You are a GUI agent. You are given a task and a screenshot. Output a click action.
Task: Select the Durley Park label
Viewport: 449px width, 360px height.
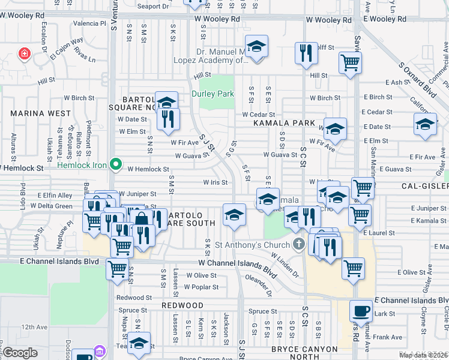[212, 94]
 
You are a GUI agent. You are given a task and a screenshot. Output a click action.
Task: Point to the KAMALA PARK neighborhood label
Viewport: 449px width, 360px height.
[284, 123]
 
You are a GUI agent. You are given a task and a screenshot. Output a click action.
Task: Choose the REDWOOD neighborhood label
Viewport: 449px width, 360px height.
[182, 305]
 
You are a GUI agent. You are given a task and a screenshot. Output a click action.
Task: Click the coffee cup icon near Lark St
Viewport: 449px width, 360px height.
[360, 311]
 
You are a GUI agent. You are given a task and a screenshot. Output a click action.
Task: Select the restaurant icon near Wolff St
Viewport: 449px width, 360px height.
[306, 53]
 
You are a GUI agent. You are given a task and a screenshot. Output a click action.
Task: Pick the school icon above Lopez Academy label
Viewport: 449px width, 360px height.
[257, 47]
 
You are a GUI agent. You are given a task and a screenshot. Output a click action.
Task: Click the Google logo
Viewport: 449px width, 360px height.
[20, 353]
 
